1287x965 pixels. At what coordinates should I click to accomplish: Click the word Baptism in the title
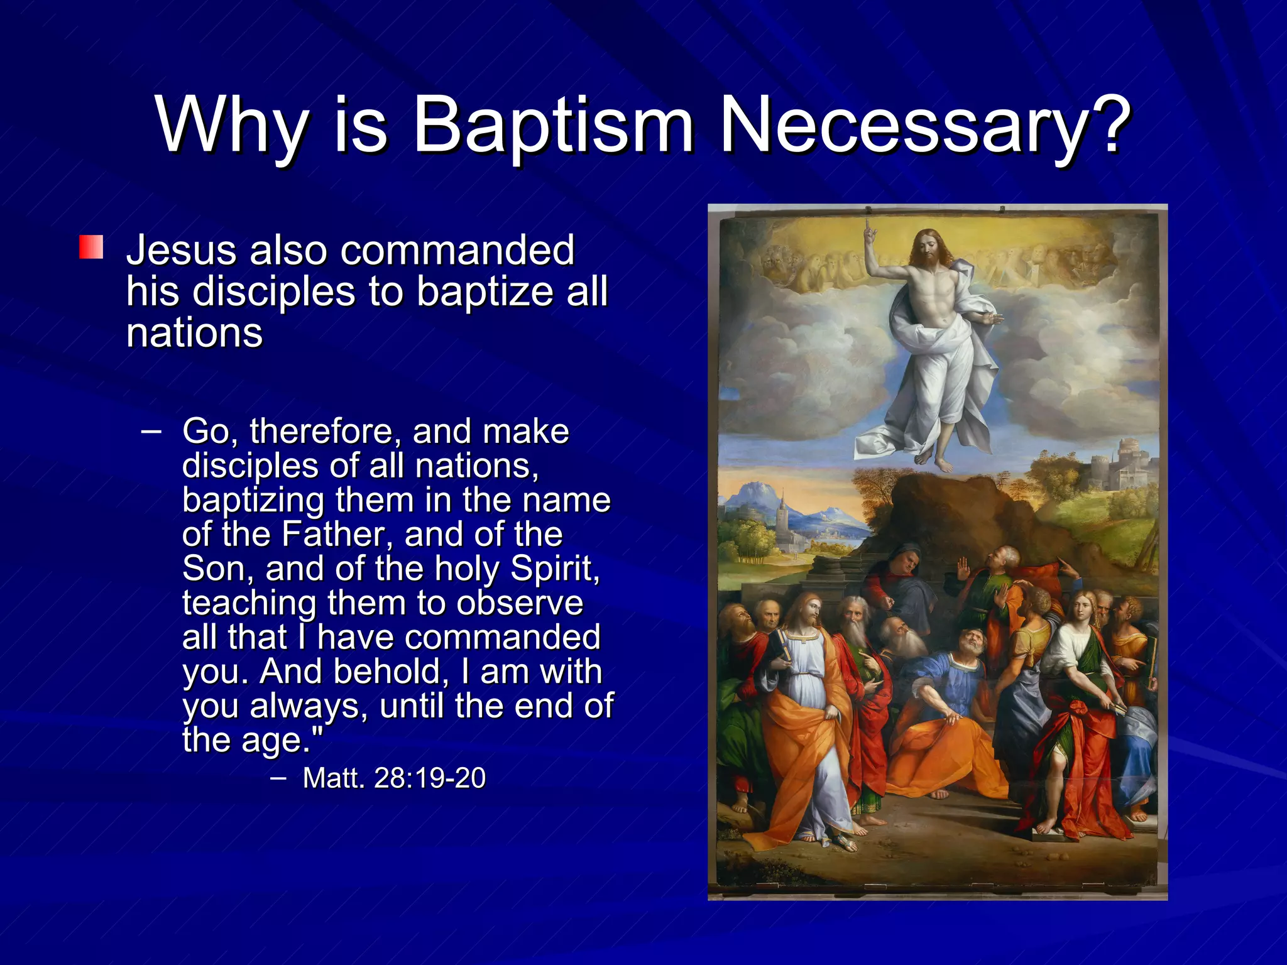pyautogui.click(x=553, y=126)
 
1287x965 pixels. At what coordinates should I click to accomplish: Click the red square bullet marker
pyautogui.click(x=91, y=247)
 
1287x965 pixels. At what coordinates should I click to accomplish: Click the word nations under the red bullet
pyautogui.click(x=194, y=333)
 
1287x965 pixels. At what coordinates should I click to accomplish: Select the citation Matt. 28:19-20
pyautogui.click(x=394, y=778)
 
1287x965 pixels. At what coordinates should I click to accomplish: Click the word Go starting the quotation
pyautogui.click(x=205, y=432)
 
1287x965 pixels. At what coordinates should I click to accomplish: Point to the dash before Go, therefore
pyautogui.click(x=151, y=432)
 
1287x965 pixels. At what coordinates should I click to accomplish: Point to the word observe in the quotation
pyautogui.click(x=520, y=603)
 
